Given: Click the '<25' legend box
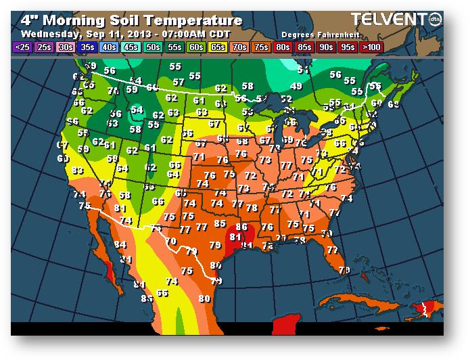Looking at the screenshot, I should [22, 48].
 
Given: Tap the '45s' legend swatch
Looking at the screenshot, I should [131, 48].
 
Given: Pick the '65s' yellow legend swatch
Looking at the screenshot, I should [217, 48].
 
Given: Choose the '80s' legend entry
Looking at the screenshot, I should [283, 48].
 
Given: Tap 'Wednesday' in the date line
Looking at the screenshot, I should [47, 32].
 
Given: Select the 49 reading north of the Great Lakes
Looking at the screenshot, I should [296, 87].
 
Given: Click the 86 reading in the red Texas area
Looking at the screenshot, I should [241, 227].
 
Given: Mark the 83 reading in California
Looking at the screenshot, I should [78, 171].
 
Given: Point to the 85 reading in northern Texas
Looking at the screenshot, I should [220, 223].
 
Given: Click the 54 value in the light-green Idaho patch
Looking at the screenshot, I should [137, 110].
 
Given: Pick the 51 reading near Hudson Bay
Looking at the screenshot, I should [304, 70].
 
